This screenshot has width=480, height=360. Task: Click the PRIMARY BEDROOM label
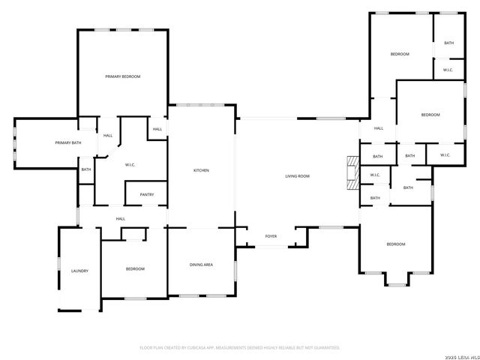click(122, 76)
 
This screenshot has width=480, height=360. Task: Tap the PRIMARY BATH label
click(68, 142)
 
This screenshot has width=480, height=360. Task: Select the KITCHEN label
click(201, 171)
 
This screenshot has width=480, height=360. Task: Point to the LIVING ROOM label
click(297, 176)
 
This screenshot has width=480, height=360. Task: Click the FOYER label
click(271, 236)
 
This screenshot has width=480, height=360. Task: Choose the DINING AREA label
click(201, 265)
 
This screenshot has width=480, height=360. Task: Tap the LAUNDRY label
click(79, 271)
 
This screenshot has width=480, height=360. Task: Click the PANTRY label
click(146, 195)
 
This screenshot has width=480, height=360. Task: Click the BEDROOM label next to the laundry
click(135, 269)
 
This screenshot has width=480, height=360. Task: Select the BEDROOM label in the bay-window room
click(395, 244)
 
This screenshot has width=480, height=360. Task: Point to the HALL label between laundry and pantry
click(120, 219)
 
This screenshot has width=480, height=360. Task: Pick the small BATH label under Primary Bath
click(86, 169)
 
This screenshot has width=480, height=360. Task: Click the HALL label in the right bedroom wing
click(379, 128)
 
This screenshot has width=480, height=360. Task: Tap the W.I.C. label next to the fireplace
click(375, 175)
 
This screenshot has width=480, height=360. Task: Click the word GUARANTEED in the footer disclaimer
click(325, 348)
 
